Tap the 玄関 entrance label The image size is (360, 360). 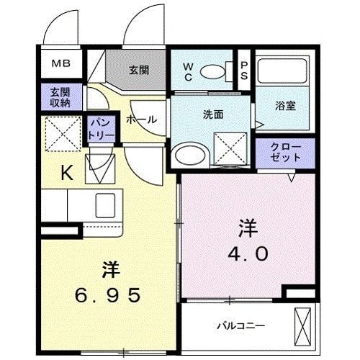coord(139,70)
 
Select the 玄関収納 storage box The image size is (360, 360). coord(60,97)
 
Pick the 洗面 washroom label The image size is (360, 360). coord(212,114)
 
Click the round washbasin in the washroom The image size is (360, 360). coord(190,153)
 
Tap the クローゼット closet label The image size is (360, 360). coord(283,151)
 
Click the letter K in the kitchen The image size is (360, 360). coord(66,173)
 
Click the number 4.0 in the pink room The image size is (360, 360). coord(249,253)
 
